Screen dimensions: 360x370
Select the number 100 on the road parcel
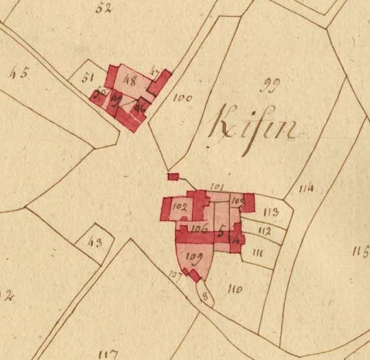[181, 99]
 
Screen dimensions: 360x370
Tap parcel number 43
[95, 243]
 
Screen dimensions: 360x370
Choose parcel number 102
[179, 207]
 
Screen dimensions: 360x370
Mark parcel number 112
[264, 231]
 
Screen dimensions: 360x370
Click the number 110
[235, 288]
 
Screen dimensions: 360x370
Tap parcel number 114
[305, 188]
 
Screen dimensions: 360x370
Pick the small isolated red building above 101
[173, 176]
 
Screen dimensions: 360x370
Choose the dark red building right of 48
[160, 82]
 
